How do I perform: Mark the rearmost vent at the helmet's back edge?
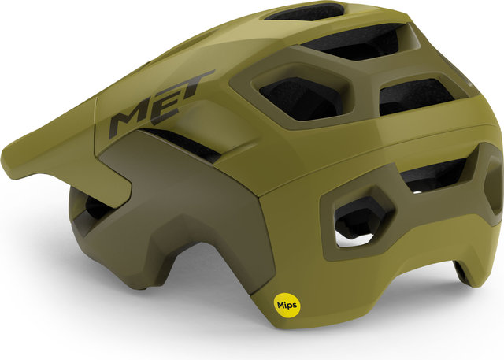[x=491, y=189]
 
